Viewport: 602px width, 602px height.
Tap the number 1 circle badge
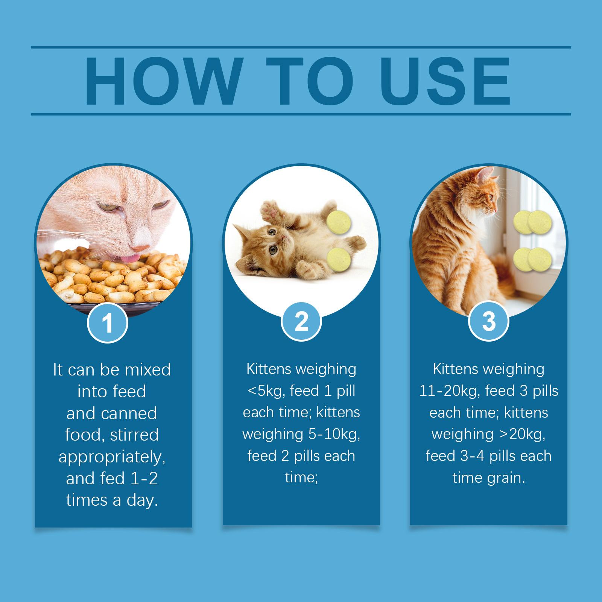click(108, 323)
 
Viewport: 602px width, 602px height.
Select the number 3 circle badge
click(488, 322)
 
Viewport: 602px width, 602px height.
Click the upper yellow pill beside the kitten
click(339, 221)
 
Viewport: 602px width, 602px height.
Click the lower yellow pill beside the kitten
click(339, 259)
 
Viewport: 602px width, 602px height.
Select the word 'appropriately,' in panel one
click(112, 457)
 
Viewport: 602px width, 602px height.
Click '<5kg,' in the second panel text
click(266, 391)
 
